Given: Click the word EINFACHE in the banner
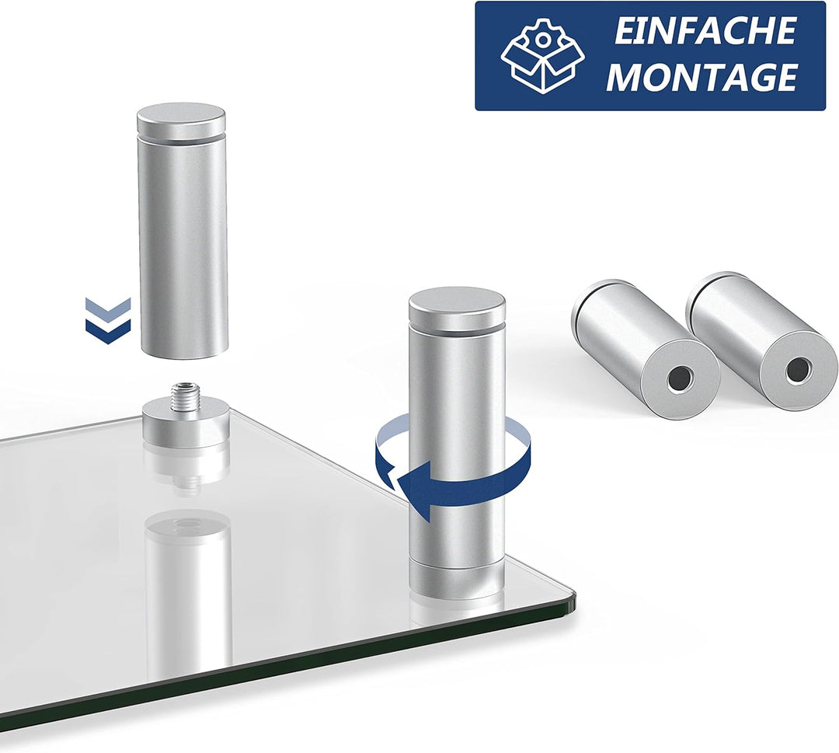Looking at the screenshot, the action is [x=704, y=30].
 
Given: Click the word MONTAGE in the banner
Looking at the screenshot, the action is [x=701, y=77].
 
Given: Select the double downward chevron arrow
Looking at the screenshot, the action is [x=107, y=320].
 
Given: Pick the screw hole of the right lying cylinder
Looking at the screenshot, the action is [x=797, y=371].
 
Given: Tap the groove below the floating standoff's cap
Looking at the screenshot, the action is [x=181, y=138].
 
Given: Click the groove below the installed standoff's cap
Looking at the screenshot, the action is [x=457, y=326].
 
